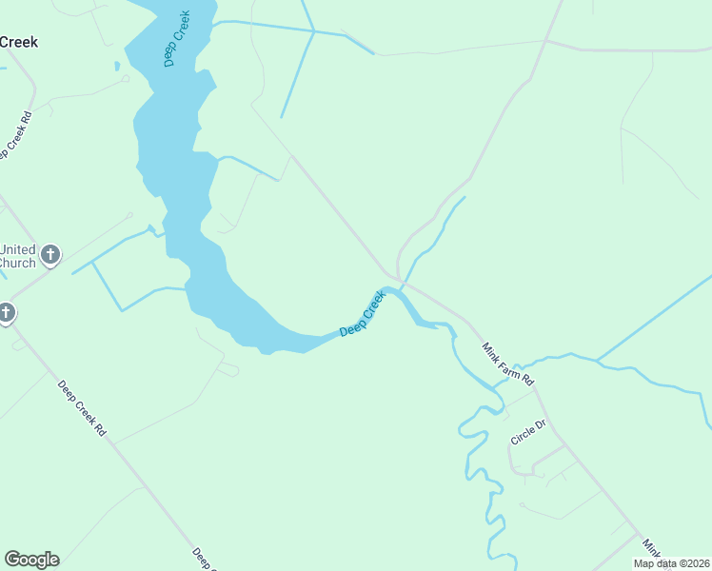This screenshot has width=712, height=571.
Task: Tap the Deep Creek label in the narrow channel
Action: click(362, 314)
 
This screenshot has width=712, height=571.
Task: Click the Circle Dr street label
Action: click(528, 432)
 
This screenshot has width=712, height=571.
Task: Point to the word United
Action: click(17, 248)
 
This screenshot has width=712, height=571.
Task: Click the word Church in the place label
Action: click(16, 263)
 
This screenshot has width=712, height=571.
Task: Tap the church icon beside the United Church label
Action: click(50, 255)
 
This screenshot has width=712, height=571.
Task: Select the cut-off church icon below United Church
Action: click(6, 312)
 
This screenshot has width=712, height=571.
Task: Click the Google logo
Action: click(31, 560)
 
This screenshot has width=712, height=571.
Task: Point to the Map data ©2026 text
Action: click(672, 563)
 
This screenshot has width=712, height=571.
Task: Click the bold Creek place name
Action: click(18, 42)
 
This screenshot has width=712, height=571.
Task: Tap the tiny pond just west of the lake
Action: click(117, 67)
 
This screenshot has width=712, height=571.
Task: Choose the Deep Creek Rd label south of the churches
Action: click(82, 408)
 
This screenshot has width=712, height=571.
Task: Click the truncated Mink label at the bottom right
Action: click(650, 549)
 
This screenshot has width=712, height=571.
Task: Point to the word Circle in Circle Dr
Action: click(523, 436)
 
